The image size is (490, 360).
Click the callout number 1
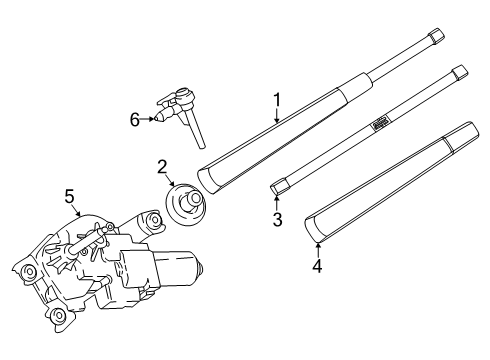pyautogui.click(x=277, y=101)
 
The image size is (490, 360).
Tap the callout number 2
pyautogui.click(x=161, y=167)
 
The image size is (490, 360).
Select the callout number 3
pyautogui.click(x=278, y=219)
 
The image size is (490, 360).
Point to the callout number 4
pyautogui.click(x=317, y=267)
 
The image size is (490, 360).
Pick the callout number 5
pyautogui.click(x=70, y=196)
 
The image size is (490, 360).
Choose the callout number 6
pyautogui.click(x=133, y=118)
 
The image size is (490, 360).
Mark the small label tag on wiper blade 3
pyautogui.click(x=380, y=122)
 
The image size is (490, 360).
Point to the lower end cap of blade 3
pyautogui.click(x=279, y=186)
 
